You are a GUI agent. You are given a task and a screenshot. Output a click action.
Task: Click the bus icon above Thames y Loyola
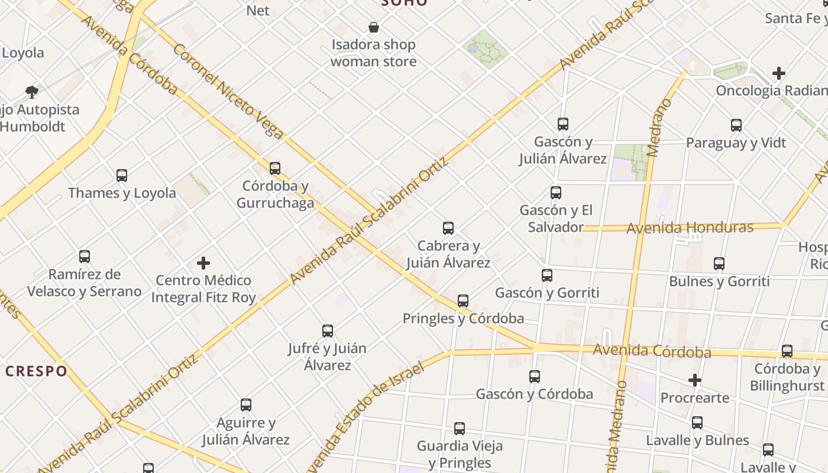[122, 176]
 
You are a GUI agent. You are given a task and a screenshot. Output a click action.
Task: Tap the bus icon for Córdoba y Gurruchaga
[275, 169]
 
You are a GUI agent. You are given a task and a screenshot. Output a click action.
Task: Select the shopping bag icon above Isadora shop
[374, 27]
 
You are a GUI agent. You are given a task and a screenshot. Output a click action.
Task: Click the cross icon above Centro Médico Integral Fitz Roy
[203, 263]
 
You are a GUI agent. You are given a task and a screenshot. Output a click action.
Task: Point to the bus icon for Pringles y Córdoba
[463, 301]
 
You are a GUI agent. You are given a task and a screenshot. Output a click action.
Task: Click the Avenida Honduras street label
[690, 228]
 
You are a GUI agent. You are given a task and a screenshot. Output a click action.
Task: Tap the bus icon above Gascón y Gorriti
[547, 276]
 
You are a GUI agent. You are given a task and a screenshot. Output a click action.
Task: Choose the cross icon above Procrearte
[695, 380]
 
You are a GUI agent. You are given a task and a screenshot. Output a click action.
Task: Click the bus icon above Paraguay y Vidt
[736, 125]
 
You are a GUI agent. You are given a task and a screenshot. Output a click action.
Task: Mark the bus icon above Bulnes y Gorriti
[719, 264]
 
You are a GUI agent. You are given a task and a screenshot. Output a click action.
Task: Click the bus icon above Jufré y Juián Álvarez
[328, 331]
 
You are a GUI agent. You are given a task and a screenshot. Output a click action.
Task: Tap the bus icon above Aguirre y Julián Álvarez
[246, 405]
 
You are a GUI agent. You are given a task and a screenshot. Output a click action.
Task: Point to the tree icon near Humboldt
[32, 92]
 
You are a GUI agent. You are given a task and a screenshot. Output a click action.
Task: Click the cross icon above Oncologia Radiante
[779, 73]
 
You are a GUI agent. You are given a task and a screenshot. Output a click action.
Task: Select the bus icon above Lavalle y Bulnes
[697, 423]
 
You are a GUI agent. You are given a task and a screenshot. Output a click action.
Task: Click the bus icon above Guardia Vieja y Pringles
[460, 429]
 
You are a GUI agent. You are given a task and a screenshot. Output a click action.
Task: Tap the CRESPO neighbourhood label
[37, 371]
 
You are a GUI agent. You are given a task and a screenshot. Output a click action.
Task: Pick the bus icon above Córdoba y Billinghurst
[787, 351]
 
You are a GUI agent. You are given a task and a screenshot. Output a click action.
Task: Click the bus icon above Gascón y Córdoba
[535, 377]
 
